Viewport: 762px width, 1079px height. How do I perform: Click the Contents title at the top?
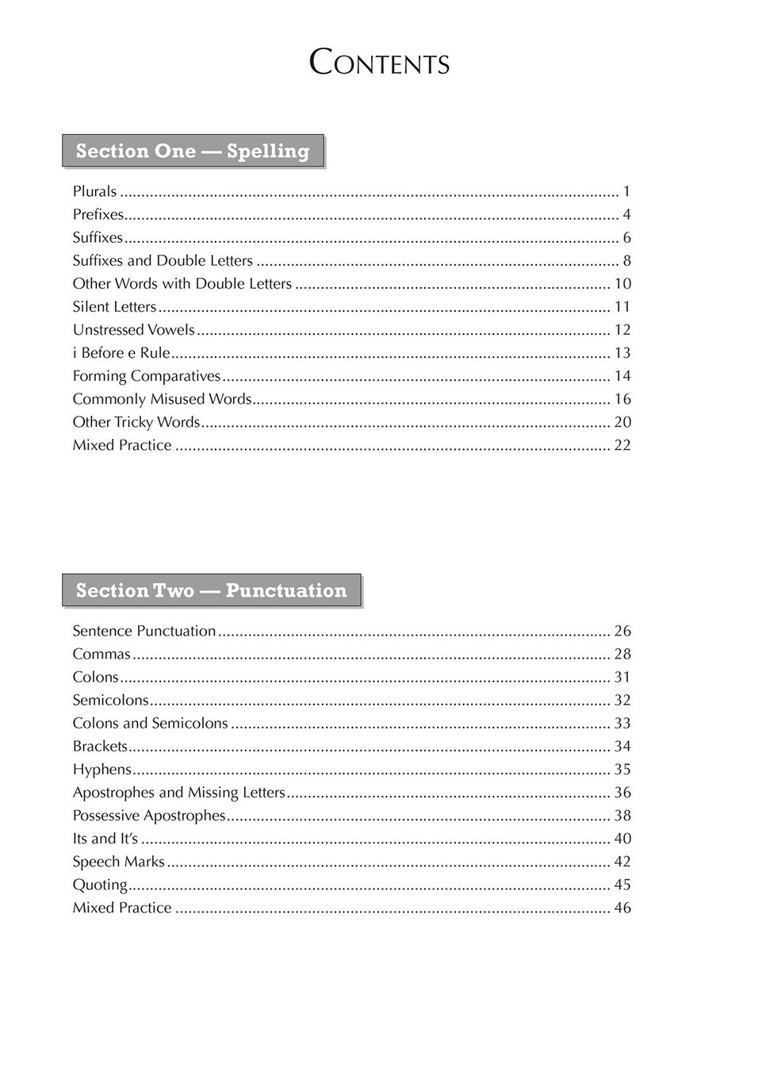(x=380, y=63)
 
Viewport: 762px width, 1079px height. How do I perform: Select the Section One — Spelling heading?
(x=193, y=151)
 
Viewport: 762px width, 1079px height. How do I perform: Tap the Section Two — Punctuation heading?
(x=211, y=590)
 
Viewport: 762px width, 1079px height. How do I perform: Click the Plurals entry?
(x=95, y=191)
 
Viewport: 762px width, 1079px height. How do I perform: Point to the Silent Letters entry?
(x=114, y=306)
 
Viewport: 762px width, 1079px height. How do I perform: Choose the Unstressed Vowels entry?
(x=133, y=329)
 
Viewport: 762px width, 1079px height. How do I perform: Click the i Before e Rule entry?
(x=121, y=352)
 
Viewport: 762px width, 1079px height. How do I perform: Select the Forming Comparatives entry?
(x=147, y=375)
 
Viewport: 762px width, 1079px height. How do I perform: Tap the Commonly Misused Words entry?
(x=162, y=398)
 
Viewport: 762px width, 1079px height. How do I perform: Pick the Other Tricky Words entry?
(x=136, y=421)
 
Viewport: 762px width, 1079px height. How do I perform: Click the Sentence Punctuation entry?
(x=144, y=631)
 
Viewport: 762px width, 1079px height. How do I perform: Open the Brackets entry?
(x=100, y=746)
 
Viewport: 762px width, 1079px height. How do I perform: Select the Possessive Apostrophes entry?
(x=149, y=815)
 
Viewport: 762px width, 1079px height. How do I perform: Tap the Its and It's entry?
(x=105, y=838)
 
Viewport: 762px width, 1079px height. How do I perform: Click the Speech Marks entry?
(x=119, y=861)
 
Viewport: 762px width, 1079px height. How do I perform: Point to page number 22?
(x=622, y=445)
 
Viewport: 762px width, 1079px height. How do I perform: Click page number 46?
(x=622, y=908)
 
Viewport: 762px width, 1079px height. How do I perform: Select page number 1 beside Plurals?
(x=626, y=191)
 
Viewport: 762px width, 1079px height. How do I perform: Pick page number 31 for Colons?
(x=622, y=677)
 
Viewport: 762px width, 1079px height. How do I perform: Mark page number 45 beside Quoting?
(x=622, y=885)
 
